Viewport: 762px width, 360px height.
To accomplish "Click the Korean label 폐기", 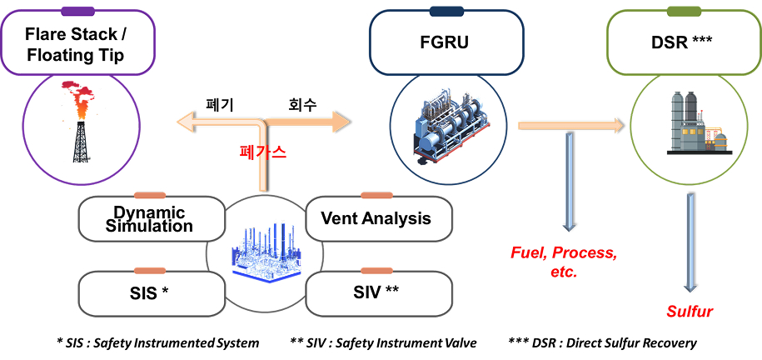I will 220,106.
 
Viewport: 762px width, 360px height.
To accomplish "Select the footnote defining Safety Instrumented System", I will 157,342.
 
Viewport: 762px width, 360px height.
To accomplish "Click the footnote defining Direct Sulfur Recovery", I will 602,342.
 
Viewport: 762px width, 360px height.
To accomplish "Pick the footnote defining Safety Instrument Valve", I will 383,342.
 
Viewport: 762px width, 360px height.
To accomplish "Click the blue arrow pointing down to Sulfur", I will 690,242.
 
